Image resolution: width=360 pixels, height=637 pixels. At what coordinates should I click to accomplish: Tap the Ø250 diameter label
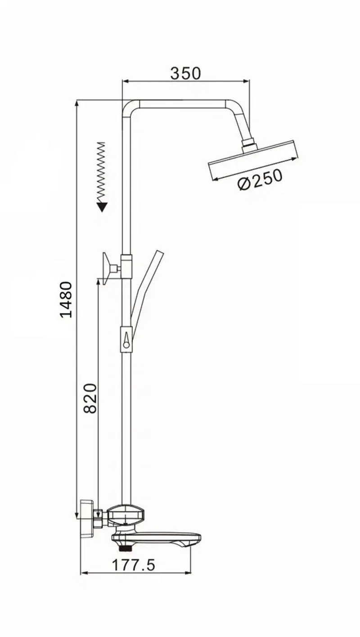(x=260, y=179)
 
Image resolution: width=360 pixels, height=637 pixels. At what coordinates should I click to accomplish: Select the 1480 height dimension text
(x=66, y=299)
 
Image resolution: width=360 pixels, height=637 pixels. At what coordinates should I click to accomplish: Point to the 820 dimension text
(x=90, y=398)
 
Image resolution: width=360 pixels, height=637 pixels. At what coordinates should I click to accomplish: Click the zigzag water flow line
(x=101, y=171)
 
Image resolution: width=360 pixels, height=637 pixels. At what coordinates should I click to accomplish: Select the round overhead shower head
(x=253, y=161)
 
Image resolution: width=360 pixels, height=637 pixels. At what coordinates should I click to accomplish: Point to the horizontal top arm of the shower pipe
(x=182, y=104)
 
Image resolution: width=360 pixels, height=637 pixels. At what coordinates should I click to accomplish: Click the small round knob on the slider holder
(x=126, y=345)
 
